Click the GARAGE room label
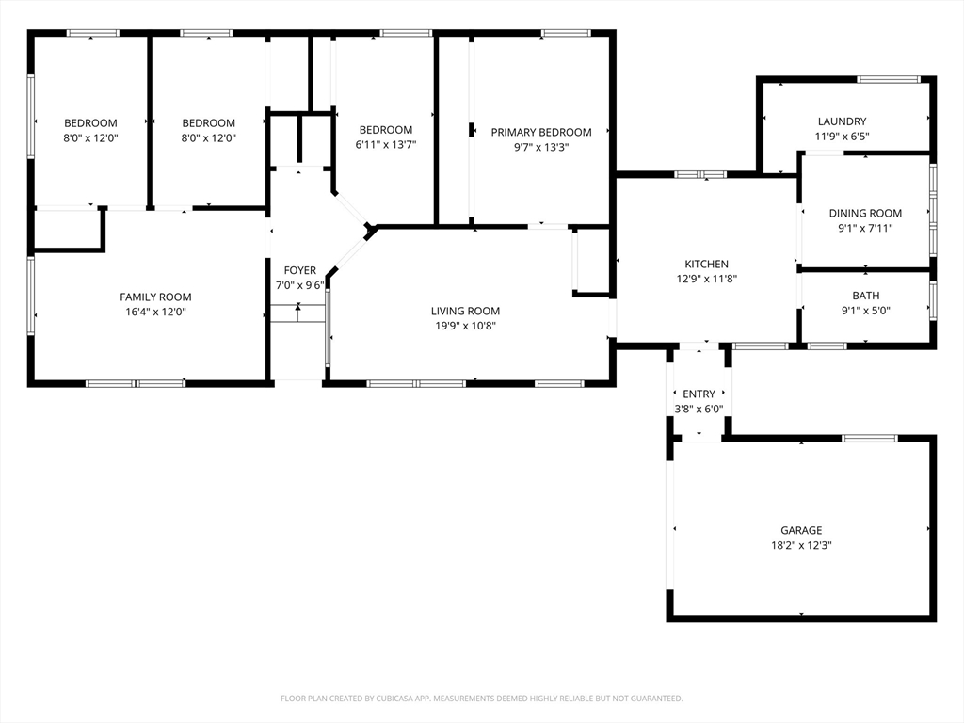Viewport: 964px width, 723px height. coord(801,530)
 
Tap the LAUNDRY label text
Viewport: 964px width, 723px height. coord(842,121)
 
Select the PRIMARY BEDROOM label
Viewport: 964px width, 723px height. coord(541,132)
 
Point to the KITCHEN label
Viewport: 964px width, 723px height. coord(706,264)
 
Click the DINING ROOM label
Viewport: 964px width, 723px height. coord(865,214)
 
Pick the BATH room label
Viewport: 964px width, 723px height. coord(866,296)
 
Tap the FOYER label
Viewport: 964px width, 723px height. coord(300,270)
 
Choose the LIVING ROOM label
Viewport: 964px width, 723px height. coord(465,311)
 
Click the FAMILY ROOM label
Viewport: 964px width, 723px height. coord(155,297)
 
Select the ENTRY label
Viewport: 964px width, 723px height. coord(699,394)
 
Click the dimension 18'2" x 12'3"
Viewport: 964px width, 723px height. coord(801,545)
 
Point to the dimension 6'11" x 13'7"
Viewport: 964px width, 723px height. coord(385,145)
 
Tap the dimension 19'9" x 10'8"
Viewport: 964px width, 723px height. coord(465,326)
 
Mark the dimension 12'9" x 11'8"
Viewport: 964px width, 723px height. coord(706,279)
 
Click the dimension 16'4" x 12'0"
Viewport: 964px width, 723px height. coord(155,312)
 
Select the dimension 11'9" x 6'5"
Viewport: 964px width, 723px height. coord(842,137)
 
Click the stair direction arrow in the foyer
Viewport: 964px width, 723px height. coord(298,313)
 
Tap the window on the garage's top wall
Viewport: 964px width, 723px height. coord(869,439)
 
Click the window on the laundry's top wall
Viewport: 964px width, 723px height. coord(889,79)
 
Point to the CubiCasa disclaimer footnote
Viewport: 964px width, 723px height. coord(481,699)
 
